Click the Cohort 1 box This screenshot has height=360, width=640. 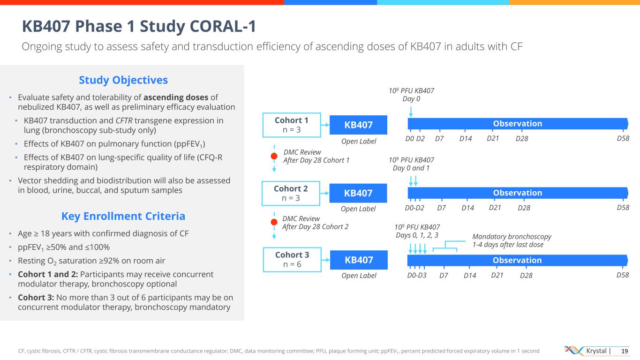tap(291, 124)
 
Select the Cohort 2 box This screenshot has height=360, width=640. tap(291, 193)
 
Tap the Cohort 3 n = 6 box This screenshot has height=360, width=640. tap(291, 260)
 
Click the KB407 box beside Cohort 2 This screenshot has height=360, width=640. tap(359, 193)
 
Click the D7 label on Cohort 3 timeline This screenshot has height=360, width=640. tap(444, 276)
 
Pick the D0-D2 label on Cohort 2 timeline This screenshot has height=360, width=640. tap(414, 208)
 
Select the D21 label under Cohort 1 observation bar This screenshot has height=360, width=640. tap(493, 138)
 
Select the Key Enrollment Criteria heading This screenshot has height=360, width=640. tap(123, 216)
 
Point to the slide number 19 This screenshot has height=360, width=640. tap(624, 351)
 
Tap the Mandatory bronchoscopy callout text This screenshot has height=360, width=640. tap(512, 240)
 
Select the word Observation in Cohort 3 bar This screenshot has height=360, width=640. tap(518, 260)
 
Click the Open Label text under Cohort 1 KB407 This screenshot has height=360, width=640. tap(359, 141)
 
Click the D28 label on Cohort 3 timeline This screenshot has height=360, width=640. tap(527, 276)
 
